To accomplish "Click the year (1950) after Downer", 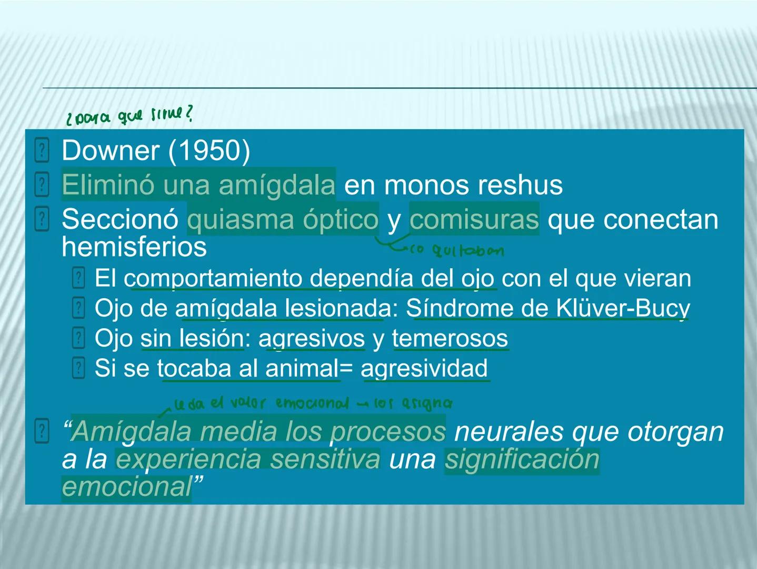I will point(209,151).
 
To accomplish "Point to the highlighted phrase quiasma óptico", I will point(283,219).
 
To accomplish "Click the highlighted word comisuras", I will point(474,219).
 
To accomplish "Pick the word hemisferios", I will point(134,247).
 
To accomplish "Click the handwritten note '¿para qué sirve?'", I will point(129,115).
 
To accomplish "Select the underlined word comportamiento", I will point(214,278).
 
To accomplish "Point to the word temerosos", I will point(450,338).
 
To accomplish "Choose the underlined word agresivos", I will point(312,338).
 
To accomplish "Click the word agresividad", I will point(424,368).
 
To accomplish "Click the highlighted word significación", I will point(522,459).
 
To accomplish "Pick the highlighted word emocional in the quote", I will point(126,486).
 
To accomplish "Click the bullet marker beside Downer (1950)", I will point(42,151).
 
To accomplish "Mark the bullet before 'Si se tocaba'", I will point(78,368).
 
